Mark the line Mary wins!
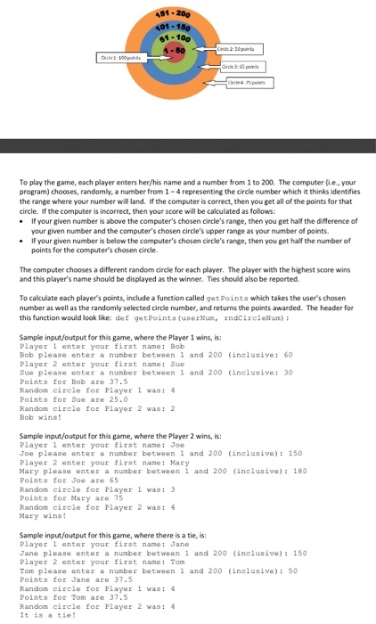(45, 514)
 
